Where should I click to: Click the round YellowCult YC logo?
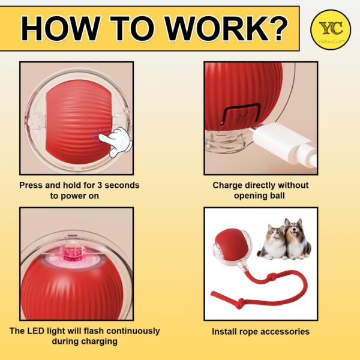[328, 28]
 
